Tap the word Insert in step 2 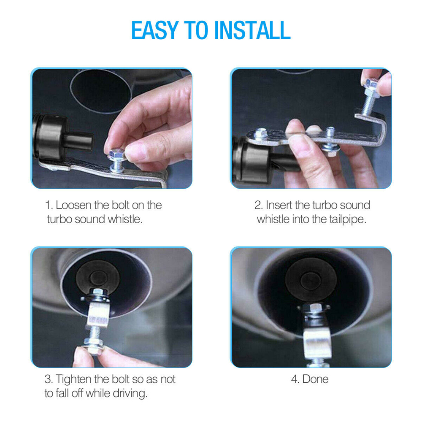[x=278, y=206]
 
